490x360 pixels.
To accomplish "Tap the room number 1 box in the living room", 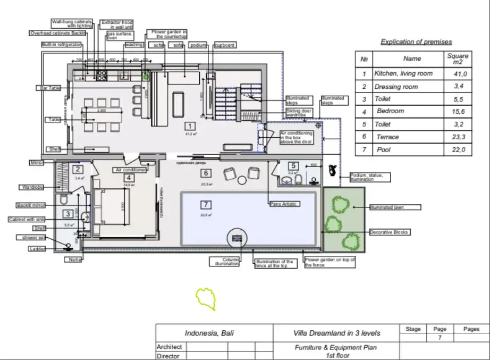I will (x=189, y=126).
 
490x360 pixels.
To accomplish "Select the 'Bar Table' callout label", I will (x=49, y=88).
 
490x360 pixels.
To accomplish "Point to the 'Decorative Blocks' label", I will (x=390, y=232).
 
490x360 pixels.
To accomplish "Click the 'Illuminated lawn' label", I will (x=395, y=207).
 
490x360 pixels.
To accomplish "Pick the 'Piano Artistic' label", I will (x=284, y=204).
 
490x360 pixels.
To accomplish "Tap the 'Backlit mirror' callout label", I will (x=30, y=205).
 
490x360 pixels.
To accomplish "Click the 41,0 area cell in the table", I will (x=458, y=74).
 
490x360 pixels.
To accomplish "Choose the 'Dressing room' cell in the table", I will (x=396, y=87).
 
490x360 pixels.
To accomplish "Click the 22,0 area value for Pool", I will (x=458, y=150).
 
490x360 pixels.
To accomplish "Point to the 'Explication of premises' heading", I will (x=417, y=41).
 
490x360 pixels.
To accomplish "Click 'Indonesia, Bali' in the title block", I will (x=209, y=333).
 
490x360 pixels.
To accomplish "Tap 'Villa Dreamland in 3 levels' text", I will (x=337, y=333).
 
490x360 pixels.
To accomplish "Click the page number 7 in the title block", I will (x=440, y=338).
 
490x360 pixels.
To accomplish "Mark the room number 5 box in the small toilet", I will (x=293, y=165).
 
